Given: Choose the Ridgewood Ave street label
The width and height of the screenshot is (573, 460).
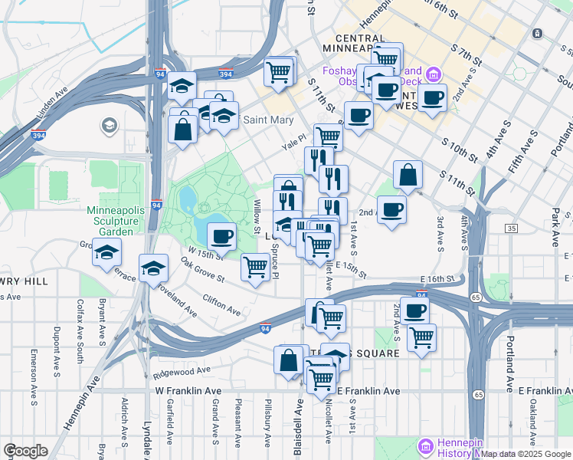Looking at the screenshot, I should [x=182, y=370].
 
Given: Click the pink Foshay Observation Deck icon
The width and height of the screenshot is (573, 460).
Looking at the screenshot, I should [x=434, y=75].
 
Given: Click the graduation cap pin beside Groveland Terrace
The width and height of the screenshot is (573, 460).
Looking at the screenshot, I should [x=106, y=251].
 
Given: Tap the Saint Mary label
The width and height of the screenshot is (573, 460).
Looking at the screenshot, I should [x=269, y=120].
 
